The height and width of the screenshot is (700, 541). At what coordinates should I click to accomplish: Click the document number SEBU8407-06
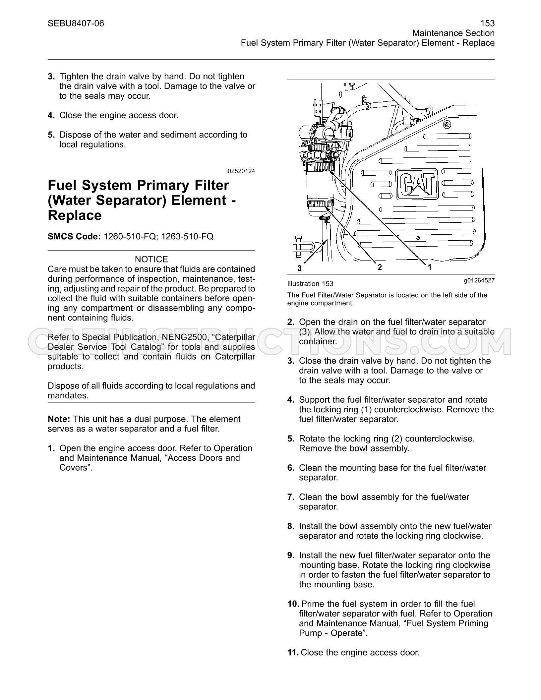click(x=76, y=23)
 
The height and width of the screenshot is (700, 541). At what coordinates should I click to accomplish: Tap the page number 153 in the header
click(x=487, y=23)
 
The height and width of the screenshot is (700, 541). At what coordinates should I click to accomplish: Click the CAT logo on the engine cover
click(x=417, y=184)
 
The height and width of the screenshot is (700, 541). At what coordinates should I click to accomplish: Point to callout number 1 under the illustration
click(x=430, y=267)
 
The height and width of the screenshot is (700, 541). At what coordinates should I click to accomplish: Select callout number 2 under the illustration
click(x=380, y=267)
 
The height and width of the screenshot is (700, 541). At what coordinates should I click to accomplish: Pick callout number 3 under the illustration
click(x=300, y=268)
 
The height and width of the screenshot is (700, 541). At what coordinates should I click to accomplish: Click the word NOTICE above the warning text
click(x=151, y=259)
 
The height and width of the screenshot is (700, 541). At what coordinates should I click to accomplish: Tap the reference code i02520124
click(x=241, y=171)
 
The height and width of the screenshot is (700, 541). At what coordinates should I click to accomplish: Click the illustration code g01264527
click(x=479, y=280)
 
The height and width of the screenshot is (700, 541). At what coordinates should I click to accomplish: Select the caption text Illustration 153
click(x=310, y=284)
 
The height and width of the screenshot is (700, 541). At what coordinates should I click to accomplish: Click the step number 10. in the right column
click(x=293, y=604)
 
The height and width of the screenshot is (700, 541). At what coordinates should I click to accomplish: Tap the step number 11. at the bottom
click(x=293, y=653)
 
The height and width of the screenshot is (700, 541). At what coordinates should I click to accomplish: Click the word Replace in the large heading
click(x=75, y=215)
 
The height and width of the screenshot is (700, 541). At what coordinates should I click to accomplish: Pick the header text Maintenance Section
click(x=453, y=33)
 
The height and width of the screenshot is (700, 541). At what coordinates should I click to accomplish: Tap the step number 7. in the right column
click(x=291, y=497)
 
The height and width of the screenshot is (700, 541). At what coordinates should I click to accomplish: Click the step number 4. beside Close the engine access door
click(x=51, y=115)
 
